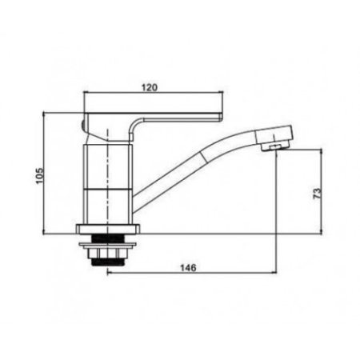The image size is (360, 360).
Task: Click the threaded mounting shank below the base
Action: [x=107, y=251]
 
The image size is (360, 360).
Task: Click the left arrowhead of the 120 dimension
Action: [x=86, y=95]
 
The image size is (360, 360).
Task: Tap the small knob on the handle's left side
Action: [x=84, y=126]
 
